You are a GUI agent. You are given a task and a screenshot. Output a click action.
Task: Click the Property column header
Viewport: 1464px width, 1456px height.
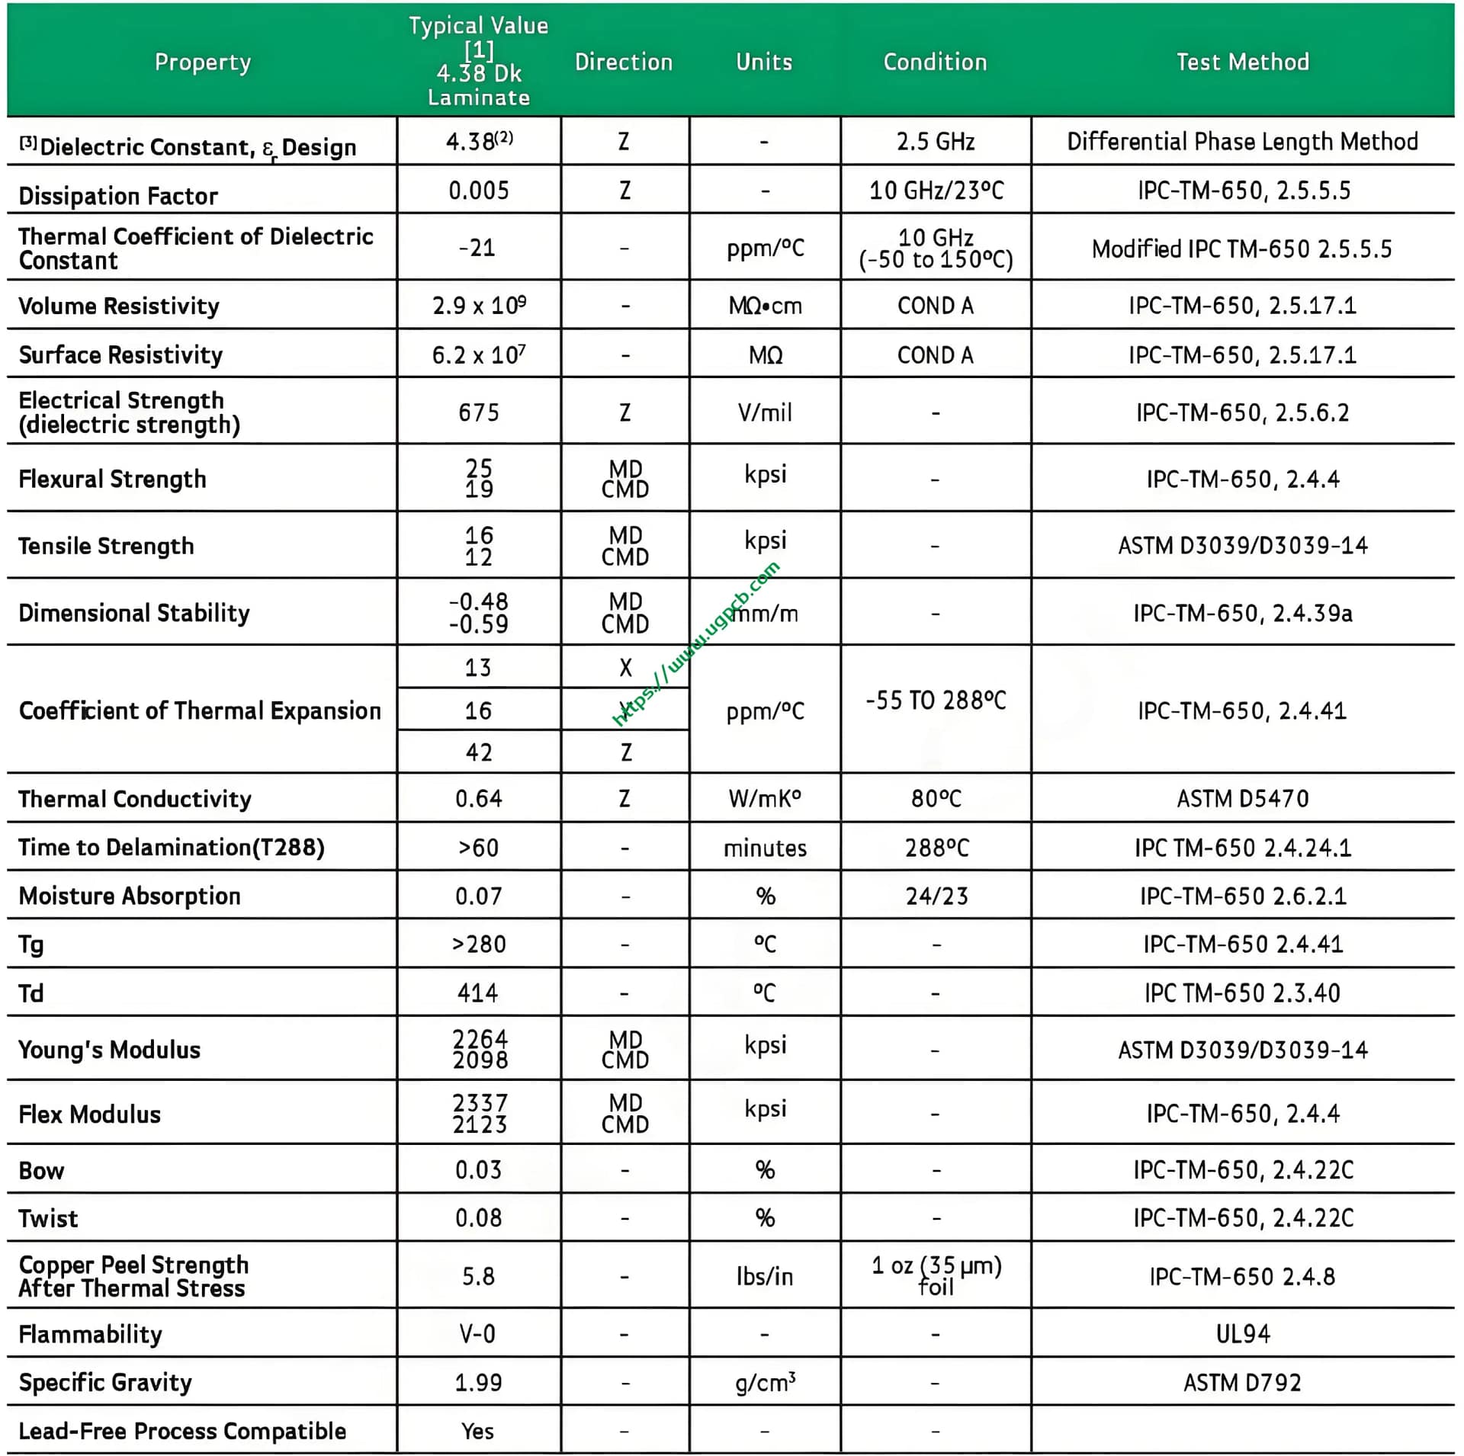pyautogui.click(x=202, y=62)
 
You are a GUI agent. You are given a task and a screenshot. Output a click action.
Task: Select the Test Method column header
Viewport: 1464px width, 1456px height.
pyautogui.click(x=1242, y=62)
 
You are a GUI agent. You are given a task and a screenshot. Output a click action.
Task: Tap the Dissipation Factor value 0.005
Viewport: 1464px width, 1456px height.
pyautogui.click(x=478, y=190)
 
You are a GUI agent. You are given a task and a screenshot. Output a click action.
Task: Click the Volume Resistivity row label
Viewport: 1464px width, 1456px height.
pyautogui.click(x=119, y=306)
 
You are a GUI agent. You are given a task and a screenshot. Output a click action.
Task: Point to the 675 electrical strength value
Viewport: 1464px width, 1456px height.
pyautogui.click(x=478, y=412)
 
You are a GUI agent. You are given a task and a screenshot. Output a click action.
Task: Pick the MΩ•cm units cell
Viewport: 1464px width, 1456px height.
pyautogui.click(x=765, y=306)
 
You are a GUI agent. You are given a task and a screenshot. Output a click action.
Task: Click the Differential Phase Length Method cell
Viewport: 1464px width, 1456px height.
pyautogui.click(x=1242, y=142)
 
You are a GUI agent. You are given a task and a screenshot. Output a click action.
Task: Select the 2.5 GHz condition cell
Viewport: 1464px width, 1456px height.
pyautogui.click(x=936, y=142)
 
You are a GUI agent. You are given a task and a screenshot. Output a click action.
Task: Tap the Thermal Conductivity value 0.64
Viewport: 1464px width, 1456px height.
pyautogui.click(x=478, y=798)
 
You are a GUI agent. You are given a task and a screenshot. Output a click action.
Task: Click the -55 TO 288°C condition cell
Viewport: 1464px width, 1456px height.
pyautogui.click(x=936, y=700)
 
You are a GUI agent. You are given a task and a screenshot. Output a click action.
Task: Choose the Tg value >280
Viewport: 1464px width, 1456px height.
pyautogui.click(x=478, y=944)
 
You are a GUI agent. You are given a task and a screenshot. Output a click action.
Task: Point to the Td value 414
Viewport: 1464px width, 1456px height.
pyautogui.click(x=478, y=993)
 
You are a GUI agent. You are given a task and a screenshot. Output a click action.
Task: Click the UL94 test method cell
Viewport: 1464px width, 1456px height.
pyautogui.click(x=1242, y=1333)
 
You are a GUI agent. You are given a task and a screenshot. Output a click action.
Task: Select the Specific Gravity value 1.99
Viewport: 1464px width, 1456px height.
pyautogui.click(x=478, y=1382)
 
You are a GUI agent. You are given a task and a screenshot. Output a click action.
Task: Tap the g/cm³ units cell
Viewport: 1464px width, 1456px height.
pyautogui.click(x=765, y=1382)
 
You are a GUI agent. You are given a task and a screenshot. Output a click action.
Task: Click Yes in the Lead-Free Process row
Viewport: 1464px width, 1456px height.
pyautogui.click(x=478, y=1431)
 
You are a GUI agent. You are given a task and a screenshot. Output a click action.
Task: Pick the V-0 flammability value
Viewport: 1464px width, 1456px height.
pyautogui.click(x=478, y=1333)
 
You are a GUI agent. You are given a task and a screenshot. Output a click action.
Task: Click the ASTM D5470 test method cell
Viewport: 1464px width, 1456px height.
pyautogui.click(x=1242, y=798)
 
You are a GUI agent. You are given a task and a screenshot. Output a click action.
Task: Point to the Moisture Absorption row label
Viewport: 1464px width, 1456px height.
pyautogui.click(x=130, y=896)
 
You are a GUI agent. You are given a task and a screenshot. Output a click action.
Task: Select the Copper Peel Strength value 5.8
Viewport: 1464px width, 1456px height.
pyautogui.click(x=478, y=1276)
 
